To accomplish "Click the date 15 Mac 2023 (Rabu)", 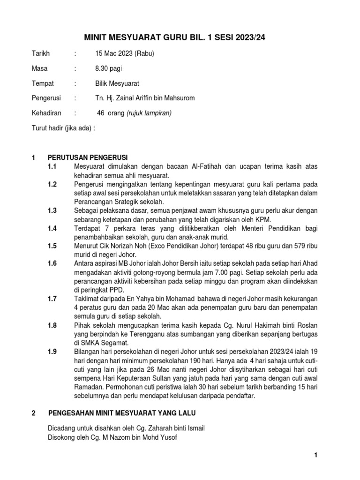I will pyautogui.click(x=124, y=54).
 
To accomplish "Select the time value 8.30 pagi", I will pyautogui.click(x=108, y=68).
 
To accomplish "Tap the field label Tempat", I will pyautogui.click(x=42, y=83).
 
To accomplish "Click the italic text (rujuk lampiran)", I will pyautogui.click(x=149, y=113).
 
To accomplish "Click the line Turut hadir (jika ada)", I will pyautogui.click(x=63, y=127).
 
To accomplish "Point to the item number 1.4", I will pyautogui.click(x=52, y=228).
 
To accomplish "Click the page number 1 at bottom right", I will pyautogui.click(x=316, y=455).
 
